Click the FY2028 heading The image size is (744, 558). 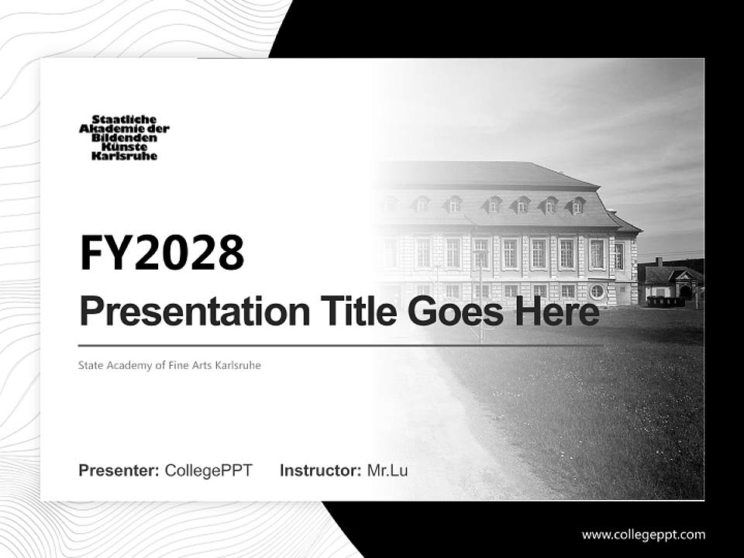(162, 253)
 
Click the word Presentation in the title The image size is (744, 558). (195, 312)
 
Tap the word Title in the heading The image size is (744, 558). (359, 311)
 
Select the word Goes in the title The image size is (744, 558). (456, 312)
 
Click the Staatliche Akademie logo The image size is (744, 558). (124, 138)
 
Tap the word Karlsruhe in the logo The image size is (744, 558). (124, 156)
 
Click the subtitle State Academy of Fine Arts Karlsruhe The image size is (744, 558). (170, 365)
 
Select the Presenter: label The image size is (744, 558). (119, 470)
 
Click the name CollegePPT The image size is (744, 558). (208, 470)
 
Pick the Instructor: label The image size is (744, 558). (321, 470)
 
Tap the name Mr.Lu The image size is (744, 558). (387, 470)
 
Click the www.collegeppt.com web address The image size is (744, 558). (643, 536)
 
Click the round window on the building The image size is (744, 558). (597, 291)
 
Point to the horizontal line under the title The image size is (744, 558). (341, 346)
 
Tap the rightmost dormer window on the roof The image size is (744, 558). (577, 206)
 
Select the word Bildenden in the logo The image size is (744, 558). (124, 138)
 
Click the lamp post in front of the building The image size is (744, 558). (480, 294)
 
